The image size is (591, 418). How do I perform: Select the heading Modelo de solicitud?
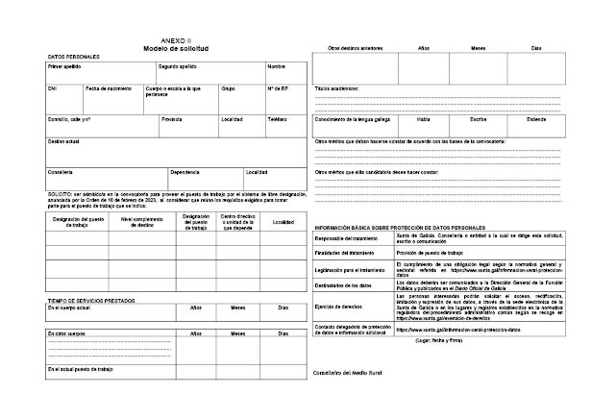point(175,48)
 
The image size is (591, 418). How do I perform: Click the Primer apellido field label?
point(64,67)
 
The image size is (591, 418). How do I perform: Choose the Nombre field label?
point(276,67)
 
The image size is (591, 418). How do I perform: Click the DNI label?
point(53,88)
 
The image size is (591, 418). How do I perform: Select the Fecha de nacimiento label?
point(107,88)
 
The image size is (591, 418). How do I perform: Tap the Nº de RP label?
point(278,88)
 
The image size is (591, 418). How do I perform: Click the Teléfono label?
point(277,119)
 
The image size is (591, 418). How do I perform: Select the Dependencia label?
point(185,172)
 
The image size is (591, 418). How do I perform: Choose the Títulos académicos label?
point(336,87)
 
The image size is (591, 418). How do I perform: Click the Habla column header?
point(423,119)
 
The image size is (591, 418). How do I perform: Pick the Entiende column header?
point(536,119)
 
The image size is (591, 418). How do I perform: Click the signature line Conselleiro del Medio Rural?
point(354,373)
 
